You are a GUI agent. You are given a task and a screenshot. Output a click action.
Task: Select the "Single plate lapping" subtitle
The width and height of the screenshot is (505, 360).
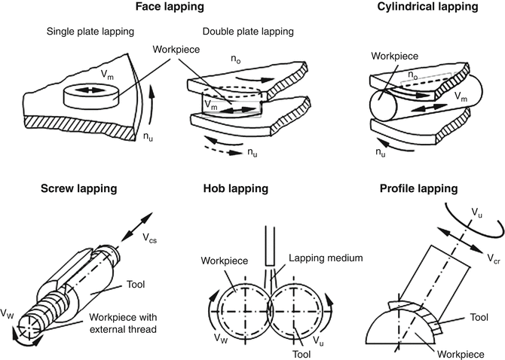pyautogui.click(x=90, y=32)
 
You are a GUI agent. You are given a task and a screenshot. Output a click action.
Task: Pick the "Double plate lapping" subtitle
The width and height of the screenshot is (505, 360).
pyautogui.click(x=246, y=32)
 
